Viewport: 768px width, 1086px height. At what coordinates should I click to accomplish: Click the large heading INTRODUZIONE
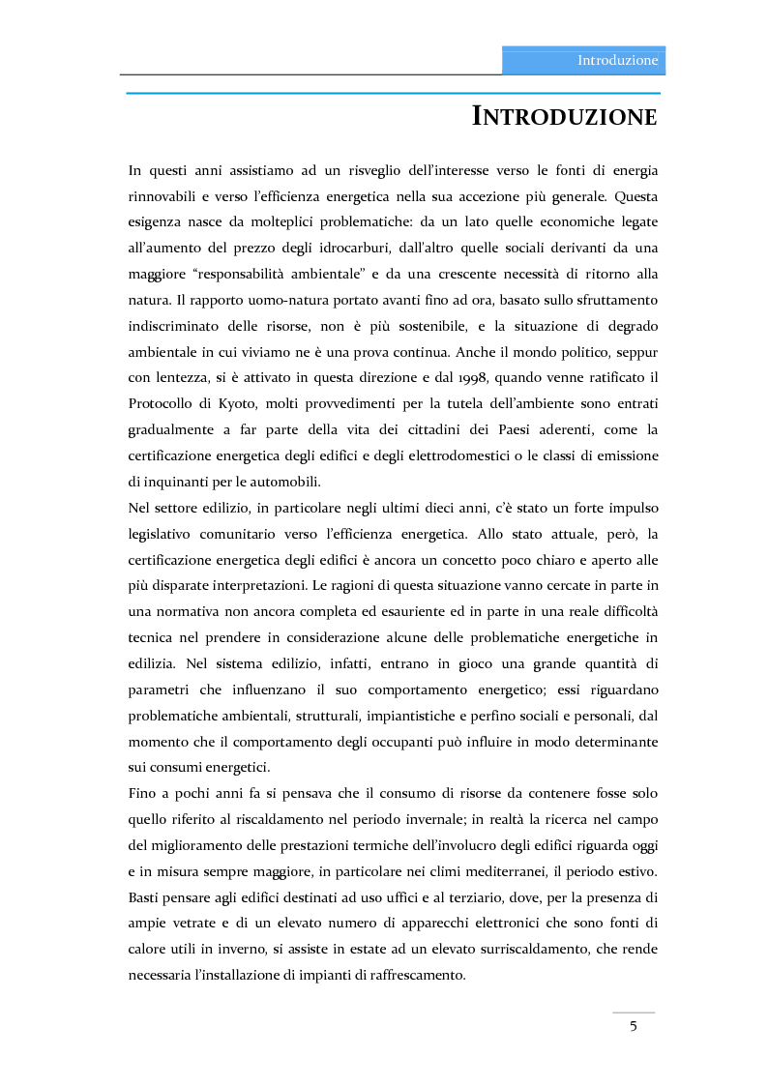pyautogui.click(x=565, y=117)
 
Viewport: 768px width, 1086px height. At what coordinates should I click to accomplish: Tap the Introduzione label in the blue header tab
pyautogui.click(x=617, y=60)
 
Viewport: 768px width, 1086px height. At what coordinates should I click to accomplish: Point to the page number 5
pyautogui.click(x=634, y=1026)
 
